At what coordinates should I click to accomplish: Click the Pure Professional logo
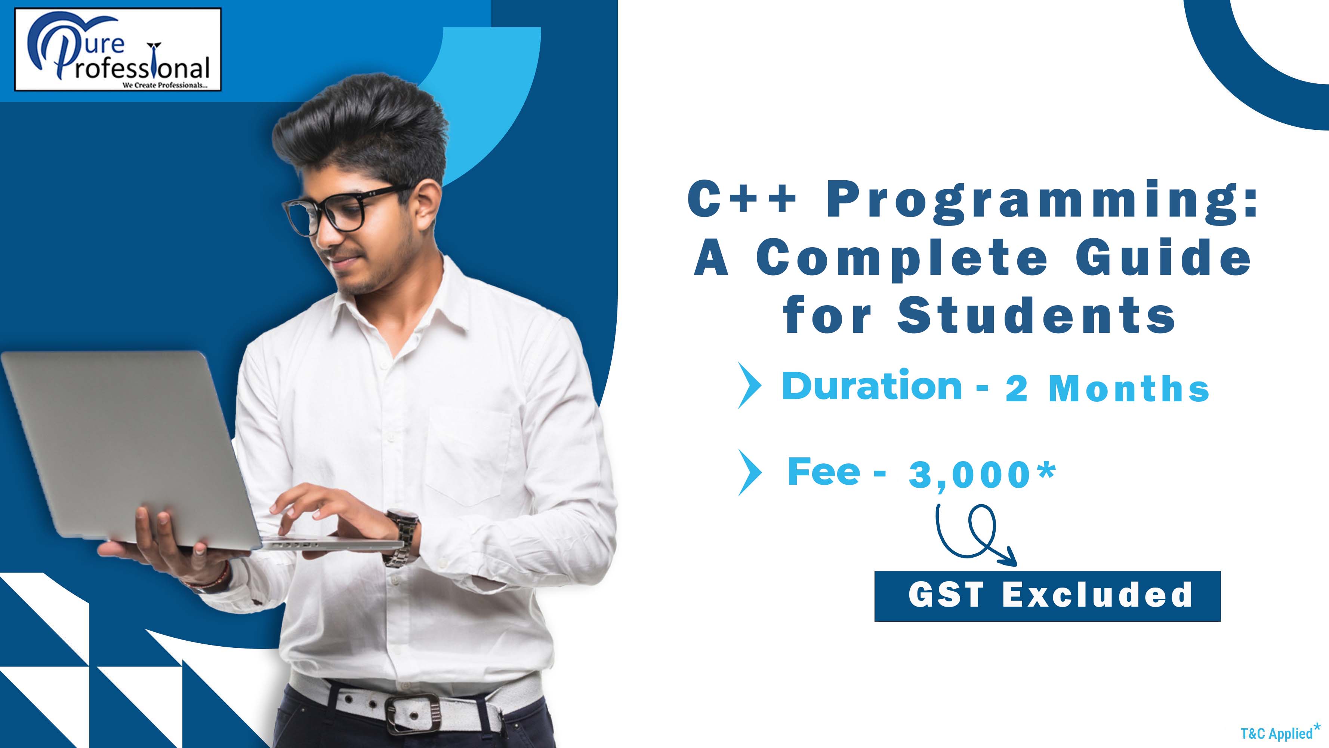(118, 50)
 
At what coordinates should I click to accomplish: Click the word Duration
(872, 386)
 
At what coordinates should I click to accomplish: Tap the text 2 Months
(1107, 389)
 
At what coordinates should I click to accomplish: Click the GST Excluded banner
(1047, 596)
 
